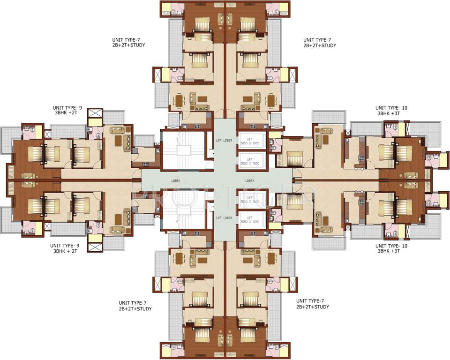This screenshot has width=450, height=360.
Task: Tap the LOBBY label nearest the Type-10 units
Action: click(249, 180)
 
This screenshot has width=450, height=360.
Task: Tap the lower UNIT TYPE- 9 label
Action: click(66, 248)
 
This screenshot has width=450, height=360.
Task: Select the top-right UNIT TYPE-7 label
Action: click(319, 43)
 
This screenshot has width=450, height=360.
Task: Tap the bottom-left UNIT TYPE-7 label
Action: click(135, 306)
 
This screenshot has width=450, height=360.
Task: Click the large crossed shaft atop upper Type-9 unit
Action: click(95, 114)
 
